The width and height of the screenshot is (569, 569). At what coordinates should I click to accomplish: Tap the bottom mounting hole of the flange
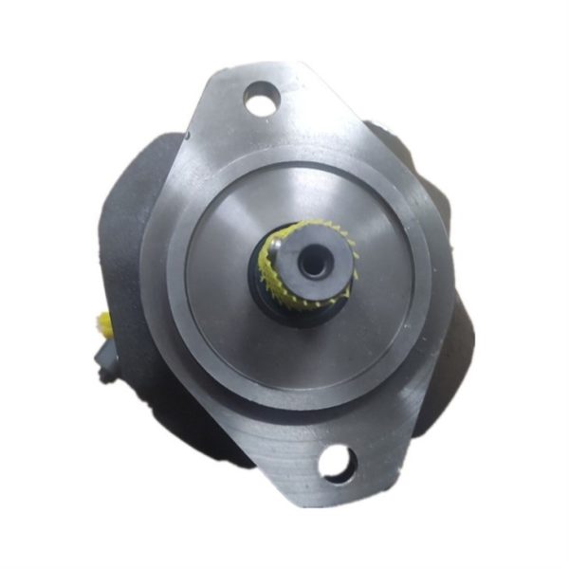pyautogui.click(x=337, y=464)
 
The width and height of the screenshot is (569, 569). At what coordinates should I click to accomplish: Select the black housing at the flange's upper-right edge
pyautogui.click(x=398, y=142)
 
